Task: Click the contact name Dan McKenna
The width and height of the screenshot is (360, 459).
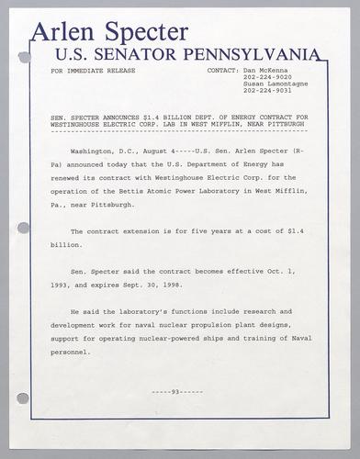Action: point(265,70)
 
